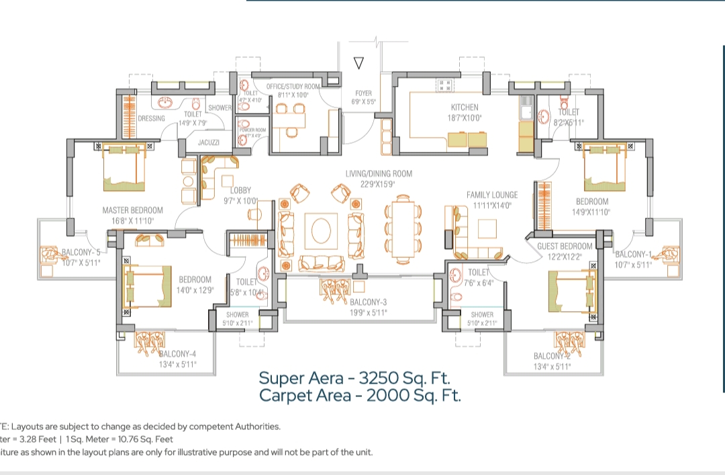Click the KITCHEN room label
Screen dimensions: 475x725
tap(465, 107)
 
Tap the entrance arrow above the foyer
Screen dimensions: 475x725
tap(358, 64)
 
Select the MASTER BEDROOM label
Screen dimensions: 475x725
tap(133, 210)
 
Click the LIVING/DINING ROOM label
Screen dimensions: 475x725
tap(379, 174)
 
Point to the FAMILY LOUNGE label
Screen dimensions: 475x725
tap(493, 196)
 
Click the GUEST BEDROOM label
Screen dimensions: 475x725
tap(565, 247)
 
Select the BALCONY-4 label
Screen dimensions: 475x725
tap(177, 355)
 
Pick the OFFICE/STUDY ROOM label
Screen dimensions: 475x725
tap(293, 87)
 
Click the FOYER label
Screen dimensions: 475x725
tap(364, 93)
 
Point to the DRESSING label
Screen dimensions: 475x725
tap(151, 119)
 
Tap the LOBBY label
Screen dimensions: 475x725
tap(240, 191)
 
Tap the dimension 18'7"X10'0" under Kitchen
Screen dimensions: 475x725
tap(465, 118)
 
